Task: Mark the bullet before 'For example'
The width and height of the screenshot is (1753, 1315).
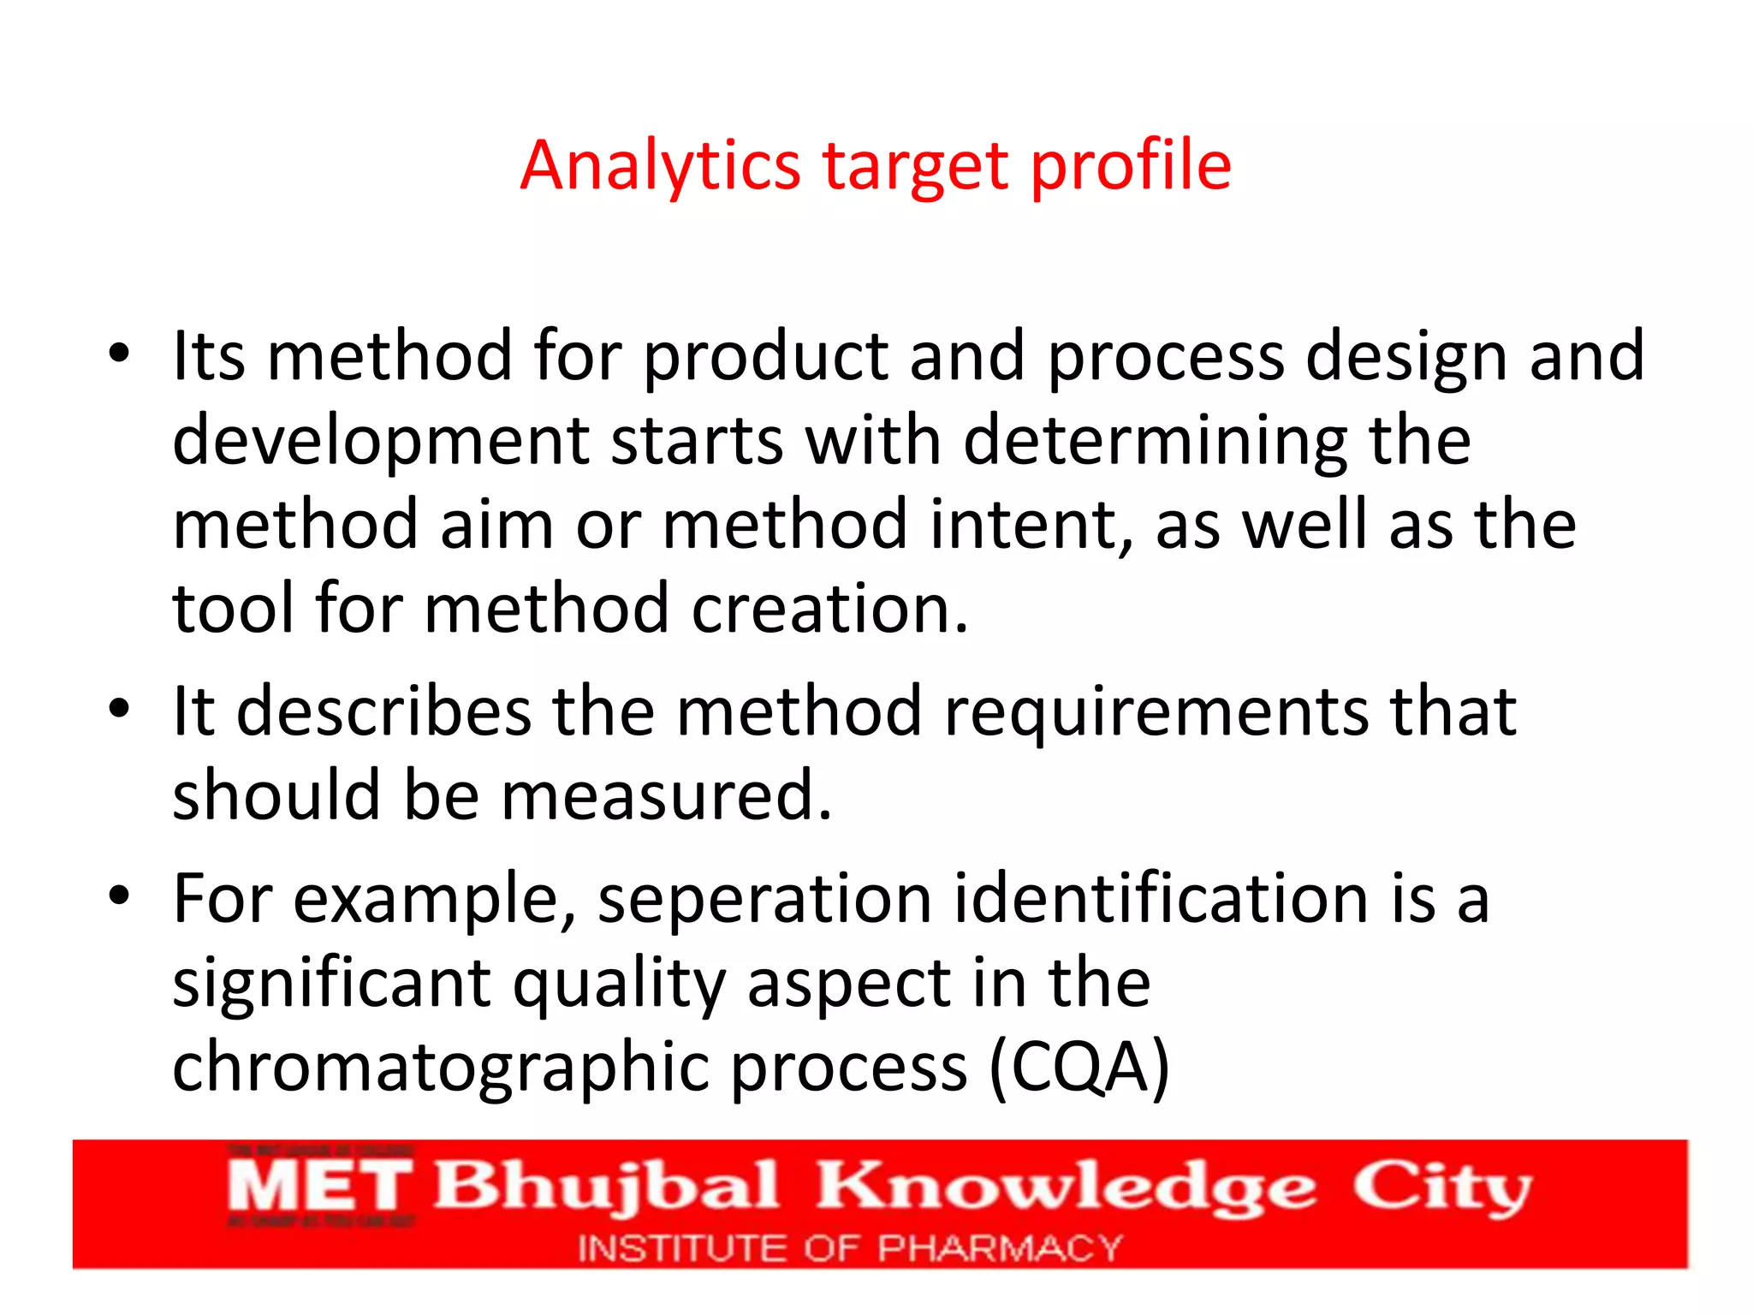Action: tap(119, 896)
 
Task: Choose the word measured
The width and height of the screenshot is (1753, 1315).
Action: tap(665, 795)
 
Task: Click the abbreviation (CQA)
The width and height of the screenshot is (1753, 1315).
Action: tap(1079, 1067)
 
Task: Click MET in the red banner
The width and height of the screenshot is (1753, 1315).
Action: tap(319, 1187)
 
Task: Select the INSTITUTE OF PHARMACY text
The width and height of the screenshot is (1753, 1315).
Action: tap(849, 1248)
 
